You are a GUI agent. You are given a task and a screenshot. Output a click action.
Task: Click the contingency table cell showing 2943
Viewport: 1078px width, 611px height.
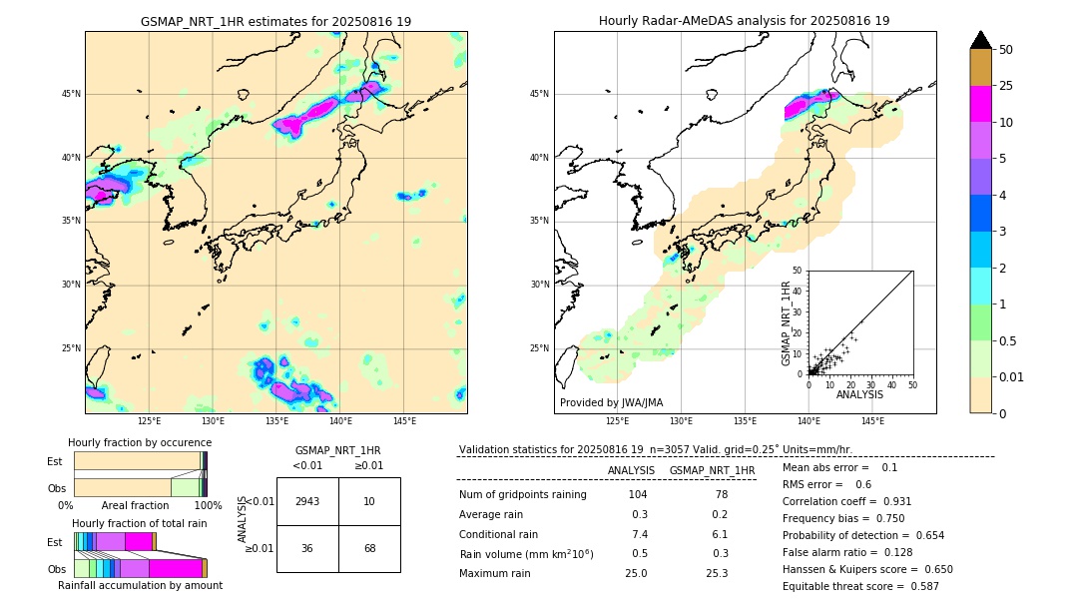(x=307, y=501)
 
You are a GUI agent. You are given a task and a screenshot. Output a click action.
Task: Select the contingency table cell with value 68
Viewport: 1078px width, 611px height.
(x=369, y=548)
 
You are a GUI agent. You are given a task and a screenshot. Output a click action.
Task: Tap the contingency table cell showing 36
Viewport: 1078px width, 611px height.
(x=307, y=548)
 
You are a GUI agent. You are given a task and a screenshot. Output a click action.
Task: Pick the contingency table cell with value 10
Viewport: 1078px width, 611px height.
(x=369, y=501)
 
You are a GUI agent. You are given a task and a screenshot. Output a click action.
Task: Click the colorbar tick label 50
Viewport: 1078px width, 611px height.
(x=1006, y=50)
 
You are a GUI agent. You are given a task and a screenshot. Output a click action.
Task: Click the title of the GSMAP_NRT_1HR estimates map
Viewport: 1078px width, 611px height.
(x=275, y=21)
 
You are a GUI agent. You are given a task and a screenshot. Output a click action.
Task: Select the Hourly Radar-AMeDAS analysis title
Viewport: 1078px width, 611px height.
(x=745, y=21)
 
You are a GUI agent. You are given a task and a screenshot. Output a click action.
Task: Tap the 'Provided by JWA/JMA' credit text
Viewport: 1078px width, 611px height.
(x=611, y=403)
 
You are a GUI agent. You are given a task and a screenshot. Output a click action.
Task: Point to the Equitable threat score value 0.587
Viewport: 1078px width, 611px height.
(x=918, y=586)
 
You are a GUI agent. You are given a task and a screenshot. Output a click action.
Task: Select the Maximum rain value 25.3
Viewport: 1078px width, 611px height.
(x=717, y=573)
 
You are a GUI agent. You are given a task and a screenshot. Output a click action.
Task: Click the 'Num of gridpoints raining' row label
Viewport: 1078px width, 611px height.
(x=523, y=495)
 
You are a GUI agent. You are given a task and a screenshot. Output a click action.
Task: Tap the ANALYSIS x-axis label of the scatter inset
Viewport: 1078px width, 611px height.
(x=859, y=395)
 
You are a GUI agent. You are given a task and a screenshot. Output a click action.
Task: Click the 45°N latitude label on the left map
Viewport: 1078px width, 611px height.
(x=71, y=94)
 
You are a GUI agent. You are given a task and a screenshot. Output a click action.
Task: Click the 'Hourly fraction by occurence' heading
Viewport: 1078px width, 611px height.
(x=140, y=442)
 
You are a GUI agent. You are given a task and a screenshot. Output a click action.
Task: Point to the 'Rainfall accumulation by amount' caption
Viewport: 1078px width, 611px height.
(x=140, y=585)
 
